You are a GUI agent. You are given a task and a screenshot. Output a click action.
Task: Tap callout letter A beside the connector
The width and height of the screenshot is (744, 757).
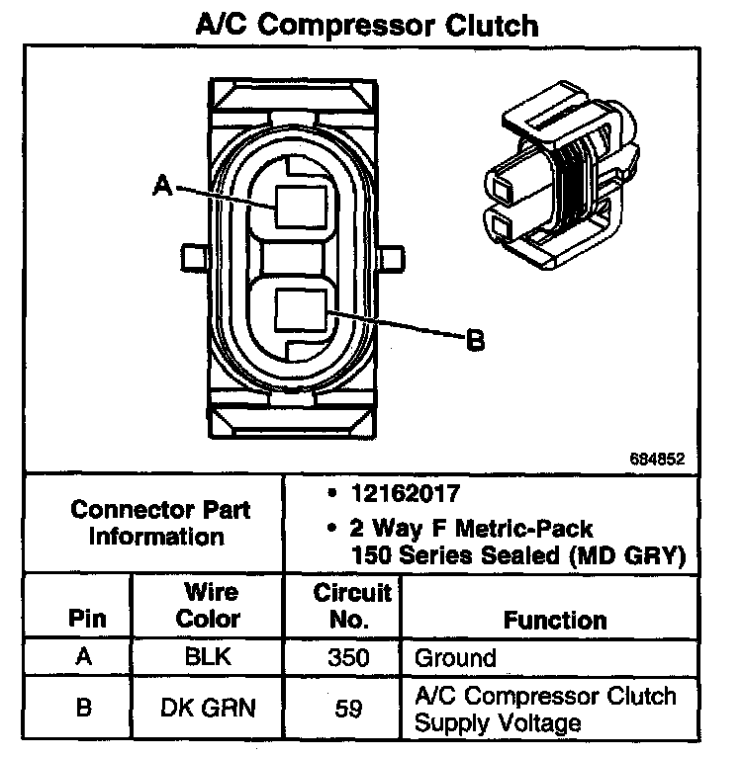click(164, 185)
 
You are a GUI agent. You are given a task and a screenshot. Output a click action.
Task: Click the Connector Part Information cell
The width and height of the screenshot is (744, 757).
click(160, 524)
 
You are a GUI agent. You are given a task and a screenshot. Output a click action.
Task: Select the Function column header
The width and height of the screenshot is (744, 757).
click(555, 620)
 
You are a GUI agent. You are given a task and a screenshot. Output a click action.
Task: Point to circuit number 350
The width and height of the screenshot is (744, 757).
click(347, 657)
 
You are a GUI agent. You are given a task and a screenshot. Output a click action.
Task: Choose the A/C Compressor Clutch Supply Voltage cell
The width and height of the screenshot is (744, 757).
click(545, 708)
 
